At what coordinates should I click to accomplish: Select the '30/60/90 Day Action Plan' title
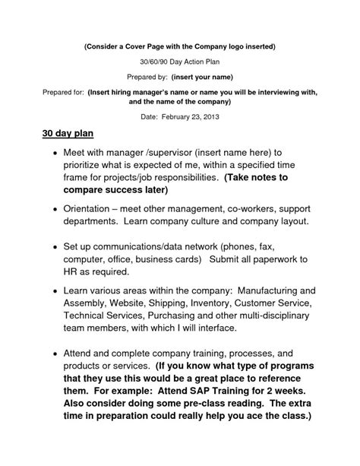pyautogui.click(x=179, y=62)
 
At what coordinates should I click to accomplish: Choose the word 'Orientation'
pyautogui.click(x=90, y=208)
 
